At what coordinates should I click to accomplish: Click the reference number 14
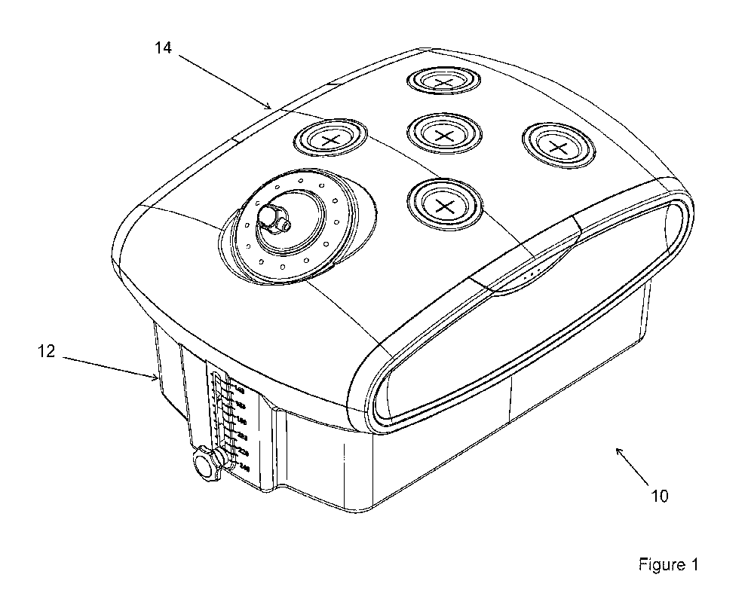click(x=164, y=48)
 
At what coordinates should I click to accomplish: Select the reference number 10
click(x=659, y=496)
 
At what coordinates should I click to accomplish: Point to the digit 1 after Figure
click(x=695, y=564)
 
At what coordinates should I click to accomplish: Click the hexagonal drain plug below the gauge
click(x=205, y=463)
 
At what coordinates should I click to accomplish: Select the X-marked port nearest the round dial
click(x=330, y=139)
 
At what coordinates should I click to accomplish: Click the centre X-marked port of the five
click(x=443, y=133)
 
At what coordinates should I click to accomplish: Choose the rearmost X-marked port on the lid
click(x=443, y=81)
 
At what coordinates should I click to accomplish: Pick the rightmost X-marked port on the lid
click(x=557, y=145)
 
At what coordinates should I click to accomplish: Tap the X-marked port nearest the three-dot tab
click(x=443, y=203)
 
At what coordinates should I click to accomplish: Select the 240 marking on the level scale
click(x=244, y=468)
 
